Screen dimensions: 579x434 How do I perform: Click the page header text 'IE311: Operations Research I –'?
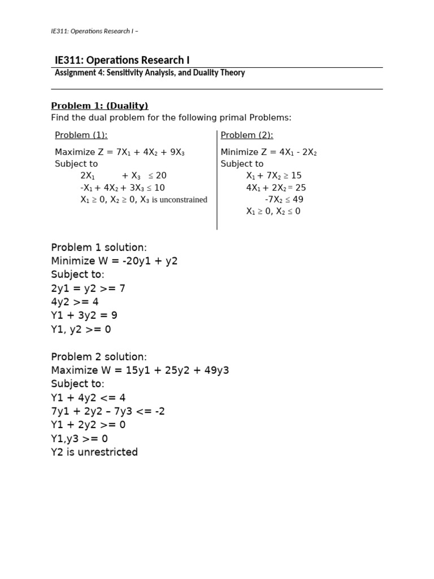click(94, 31)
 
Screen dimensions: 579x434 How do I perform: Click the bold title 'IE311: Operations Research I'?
click(118, 60)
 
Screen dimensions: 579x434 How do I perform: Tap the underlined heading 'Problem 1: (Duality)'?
click(99, 106)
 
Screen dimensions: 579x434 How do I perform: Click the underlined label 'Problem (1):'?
click(81, 135)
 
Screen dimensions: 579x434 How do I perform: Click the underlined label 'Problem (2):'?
click(247, 135)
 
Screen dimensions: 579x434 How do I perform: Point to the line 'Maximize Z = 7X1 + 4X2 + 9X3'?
click(120, 152)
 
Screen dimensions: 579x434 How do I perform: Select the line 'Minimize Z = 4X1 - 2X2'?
click(268, 152)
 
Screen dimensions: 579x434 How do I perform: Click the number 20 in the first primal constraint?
click(161, 176)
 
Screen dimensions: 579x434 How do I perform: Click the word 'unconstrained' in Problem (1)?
click(179, 200)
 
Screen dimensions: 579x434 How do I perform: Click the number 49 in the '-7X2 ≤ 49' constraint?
click(298, 200)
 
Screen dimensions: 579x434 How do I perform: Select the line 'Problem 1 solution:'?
click(99, 248)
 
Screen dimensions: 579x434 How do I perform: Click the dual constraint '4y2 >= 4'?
click(75, 302)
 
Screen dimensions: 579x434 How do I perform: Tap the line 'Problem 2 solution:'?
click(99, 357)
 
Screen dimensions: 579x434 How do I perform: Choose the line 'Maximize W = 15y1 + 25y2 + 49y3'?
click(140, 370)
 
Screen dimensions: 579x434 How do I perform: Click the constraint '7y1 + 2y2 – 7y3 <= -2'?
click(108, 411)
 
